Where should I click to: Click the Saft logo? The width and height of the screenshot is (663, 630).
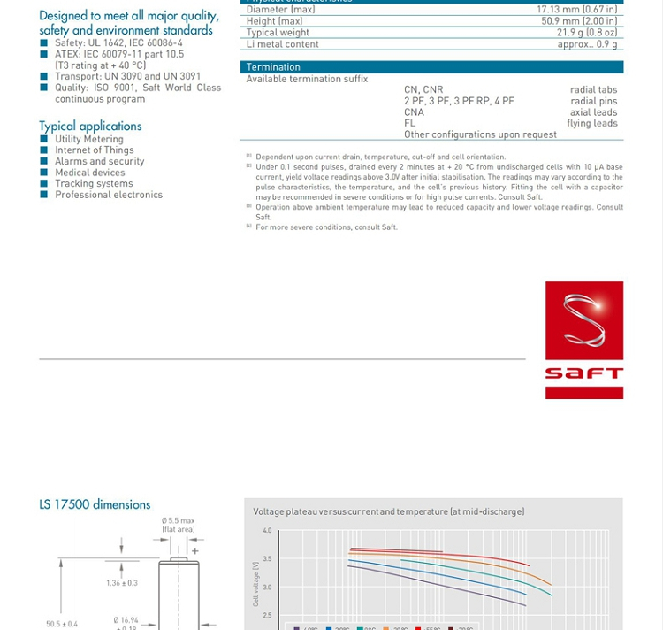click(584, 340)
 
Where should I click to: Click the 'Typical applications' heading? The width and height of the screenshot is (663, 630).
click(90, 126)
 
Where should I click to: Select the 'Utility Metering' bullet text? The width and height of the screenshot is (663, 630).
click(89, 139)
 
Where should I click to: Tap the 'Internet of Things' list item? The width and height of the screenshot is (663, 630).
click(95, 150)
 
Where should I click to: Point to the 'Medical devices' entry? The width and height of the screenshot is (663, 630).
click(90, 173)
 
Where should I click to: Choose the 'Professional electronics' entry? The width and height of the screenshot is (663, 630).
click(109, 195)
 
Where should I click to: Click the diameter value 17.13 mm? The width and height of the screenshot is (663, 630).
click(577, 10)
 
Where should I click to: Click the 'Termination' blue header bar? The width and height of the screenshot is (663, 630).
click(431, 67)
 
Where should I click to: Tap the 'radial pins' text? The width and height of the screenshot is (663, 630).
click(594, 101)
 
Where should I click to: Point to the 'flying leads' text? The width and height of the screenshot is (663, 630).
click(592, 123)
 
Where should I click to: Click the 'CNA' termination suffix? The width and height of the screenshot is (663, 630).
click(414, 112)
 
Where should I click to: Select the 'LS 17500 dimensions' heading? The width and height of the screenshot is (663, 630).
click(95, 504)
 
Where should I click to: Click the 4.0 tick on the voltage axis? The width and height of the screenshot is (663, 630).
click(267, 531)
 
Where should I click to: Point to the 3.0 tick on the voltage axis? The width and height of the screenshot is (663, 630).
click(267, 587)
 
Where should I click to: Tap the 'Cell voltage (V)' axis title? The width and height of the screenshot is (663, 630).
click(256, 583)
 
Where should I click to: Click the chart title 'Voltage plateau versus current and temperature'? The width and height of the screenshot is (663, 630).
click(388, 511)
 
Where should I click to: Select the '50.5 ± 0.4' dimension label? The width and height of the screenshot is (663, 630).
click(62, 624)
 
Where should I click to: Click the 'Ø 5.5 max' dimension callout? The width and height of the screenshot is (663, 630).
click(178, 520)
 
